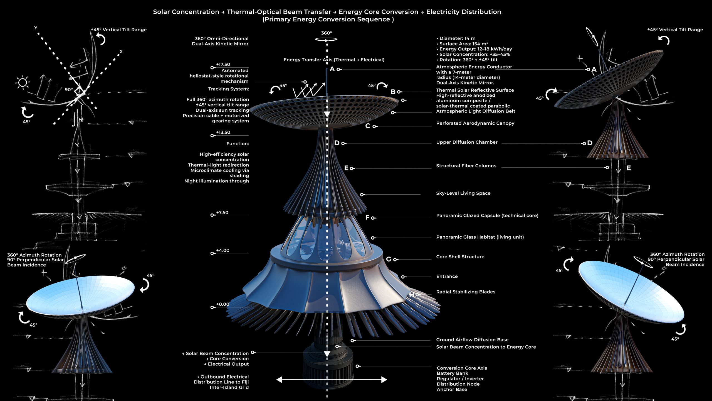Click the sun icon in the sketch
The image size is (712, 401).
[x=23, y=82]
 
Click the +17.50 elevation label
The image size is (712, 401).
[x=223, y=64]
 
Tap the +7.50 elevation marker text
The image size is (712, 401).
[x=222, y=212]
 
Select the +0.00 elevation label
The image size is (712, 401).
[x=223, y=304]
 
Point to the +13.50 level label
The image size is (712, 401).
[x=223, y=132]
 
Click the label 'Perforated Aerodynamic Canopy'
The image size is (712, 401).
[x=475, y=123]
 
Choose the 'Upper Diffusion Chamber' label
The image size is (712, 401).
[x=467, y=142]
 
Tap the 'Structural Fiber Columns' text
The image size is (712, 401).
[x=466, y=166]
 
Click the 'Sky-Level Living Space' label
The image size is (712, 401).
[x=463, y=193]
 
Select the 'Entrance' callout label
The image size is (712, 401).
[x=447, y=276]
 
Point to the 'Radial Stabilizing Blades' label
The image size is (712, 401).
[x=466, y=292]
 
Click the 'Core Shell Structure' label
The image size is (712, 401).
[x=460, y=257]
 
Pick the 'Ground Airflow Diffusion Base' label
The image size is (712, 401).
[x=472, y=340]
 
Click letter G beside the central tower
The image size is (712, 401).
[x=389, y=259]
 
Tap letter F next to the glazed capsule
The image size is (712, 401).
[x=367, y=217]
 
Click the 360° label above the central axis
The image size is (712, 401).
[x=327, y=33]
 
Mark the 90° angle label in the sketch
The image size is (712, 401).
[x=69, y=90]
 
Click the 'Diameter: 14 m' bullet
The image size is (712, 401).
[x=457, y=38]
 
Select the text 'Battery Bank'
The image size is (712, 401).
[x=453, y=373]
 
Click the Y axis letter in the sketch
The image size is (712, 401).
[x=36, y=28]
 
